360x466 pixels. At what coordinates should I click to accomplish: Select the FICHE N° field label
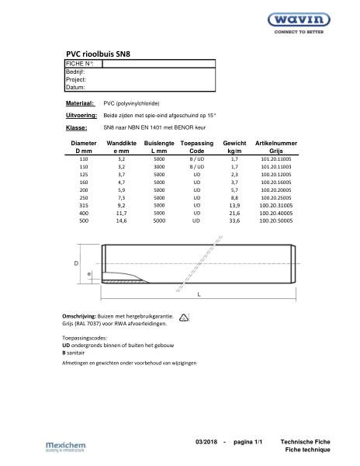click(79, 63)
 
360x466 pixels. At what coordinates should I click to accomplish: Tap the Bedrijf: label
click(76, 71)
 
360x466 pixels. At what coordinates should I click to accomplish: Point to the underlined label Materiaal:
click(80, 103)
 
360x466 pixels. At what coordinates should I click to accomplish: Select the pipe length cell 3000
click(159, 166)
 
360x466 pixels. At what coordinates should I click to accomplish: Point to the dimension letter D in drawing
click(76, 264)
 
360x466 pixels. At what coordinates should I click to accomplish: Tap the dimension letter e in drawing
click(89, 274)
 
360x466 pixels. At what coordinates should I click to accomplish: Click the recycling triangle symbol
click(184, 318)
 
